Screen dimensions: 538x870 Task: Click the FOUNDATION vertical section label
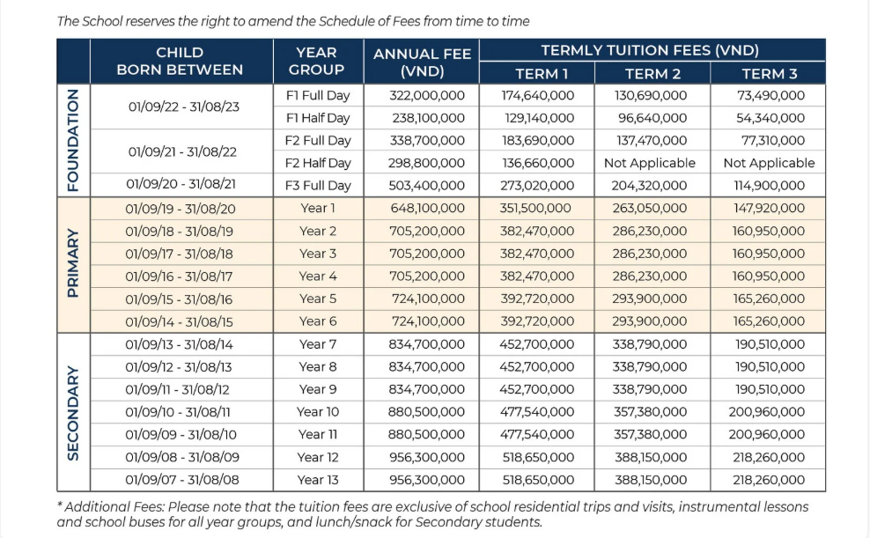[x=73, y=140]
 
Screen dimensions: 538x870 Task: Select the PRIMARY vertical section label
[x=73, y=265]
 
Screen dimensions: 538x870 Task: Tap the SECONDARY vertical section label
[x=73, y=412]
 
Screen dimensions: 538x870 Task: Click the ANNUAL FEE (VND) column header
[x=422, y=63]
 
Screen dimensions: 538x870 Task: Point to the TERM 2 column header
[x=652, y=74]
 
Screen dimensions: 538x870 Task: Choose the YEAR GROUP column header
[x=317, y=61]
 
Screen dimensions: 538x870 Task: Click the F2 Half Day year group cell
[x=317, y=163]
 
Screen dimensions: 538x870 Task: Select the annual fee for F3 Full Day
[x=426, y=186]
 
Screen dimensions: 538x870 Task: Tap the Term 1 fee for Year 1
[x=537, y=209]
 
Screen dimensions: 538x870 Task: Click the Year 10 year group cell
[x=317, y=412]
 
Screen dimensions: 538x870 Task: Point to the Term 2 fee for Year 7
[x=650, y=344]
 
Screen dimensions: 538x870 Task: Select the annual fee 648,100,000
[x=426, y=209]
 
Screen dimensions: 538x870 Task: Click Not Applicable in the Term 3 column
[x=769, y=163]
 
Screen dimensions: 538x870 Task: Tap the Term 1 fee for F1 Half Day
[x=537, y=118]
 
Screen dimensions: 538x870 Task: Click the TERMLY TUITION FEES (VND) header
[x=650, y=51]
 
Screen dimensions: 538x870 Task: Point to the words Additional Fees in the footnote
[x=108, y=507]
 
